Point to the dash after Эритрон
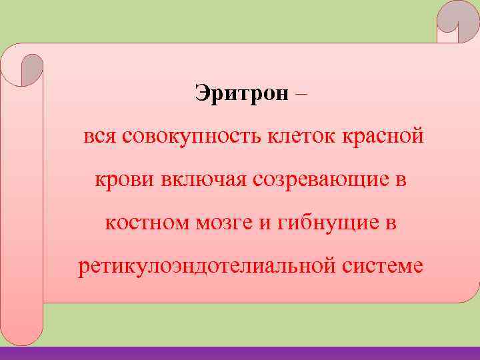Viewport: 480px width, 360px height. [x=300, y=94]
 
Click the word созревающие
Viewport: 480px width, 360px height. [x=319, y=180]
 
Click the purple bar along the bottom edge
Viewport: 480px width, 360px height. [x=240, y=353]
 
